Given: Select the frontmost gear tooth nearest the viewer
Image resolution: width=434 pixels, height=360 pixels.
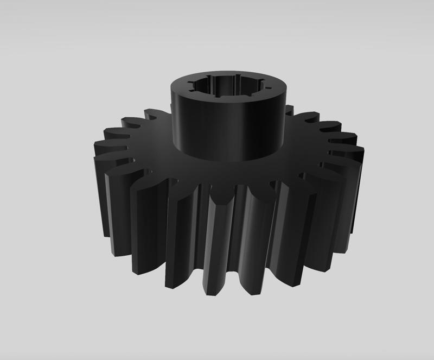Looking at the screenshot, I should (x=222, y=244).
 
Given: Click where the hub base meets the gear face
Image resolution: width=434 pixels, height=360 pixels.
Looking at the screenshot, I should (x=228, y=161).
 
